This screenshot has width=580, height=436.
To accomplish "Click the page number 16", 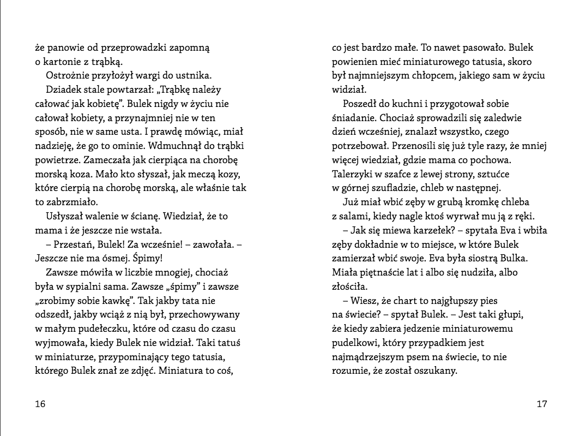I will click(40, 404).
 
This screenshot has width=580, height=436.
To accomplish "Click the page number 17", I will click(541, 404).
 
